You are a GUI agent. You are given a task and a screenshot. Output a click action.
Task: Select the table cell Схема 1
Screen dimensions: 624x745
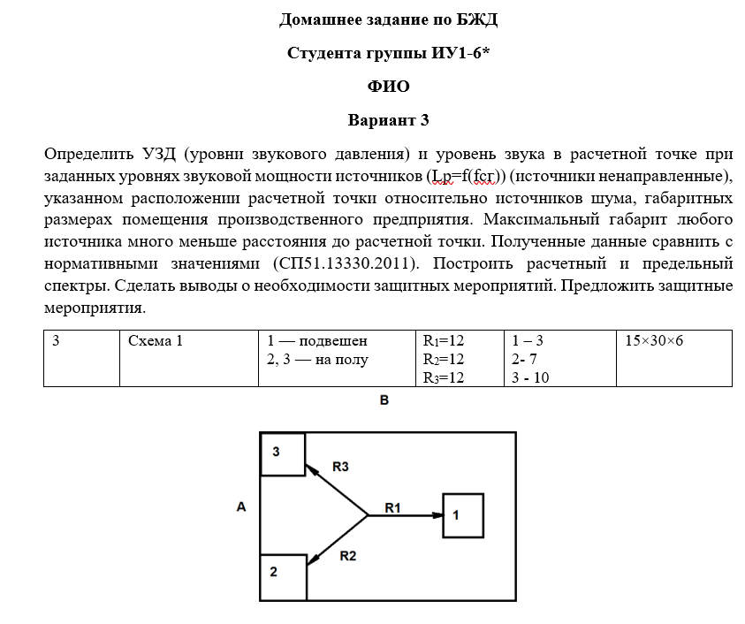[156, 340]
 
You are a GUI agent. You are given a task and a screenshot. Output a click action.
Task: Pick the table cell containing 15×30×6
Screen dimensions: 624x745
[654, 340]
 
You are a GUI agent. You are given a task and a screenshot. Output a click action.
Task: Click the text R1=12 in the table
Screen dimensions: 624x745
[444, 340]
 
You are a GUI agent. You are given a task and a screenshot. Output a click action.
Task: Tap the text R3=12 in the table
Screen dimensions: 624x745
[444, 377]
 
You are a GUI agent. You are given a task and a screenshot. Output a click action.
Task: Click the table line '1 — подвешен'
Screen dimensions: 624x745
[316, 340]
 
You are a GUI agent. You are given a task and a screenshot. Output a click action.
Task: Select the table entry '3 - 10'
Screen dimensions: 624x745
[530, 377]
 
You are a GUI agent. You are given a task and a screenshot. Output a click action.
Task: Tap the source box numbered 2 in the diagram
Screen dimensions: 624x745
[282, 577]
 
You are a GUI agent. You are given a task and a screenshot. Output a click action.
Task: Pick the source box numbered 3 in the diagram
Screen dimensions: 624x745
[282, 454]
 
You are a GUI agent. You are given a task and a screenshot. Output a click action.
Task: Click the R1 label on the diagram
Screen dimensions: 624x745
[393, 506]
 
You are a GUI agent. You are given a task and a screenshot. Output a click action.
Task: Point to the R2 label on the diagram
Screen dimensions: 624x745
[347, 556]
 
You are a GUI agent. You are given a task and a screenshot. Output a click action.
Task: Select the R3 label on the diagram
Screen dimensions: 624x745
[340, 465]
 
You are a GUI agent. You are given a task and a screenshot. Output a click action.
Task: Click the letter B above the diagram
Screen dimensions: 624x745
[385, 400]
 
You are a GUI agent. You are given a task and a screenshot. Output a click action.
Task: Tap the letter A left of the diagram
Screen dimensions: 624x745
[240, 506]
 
